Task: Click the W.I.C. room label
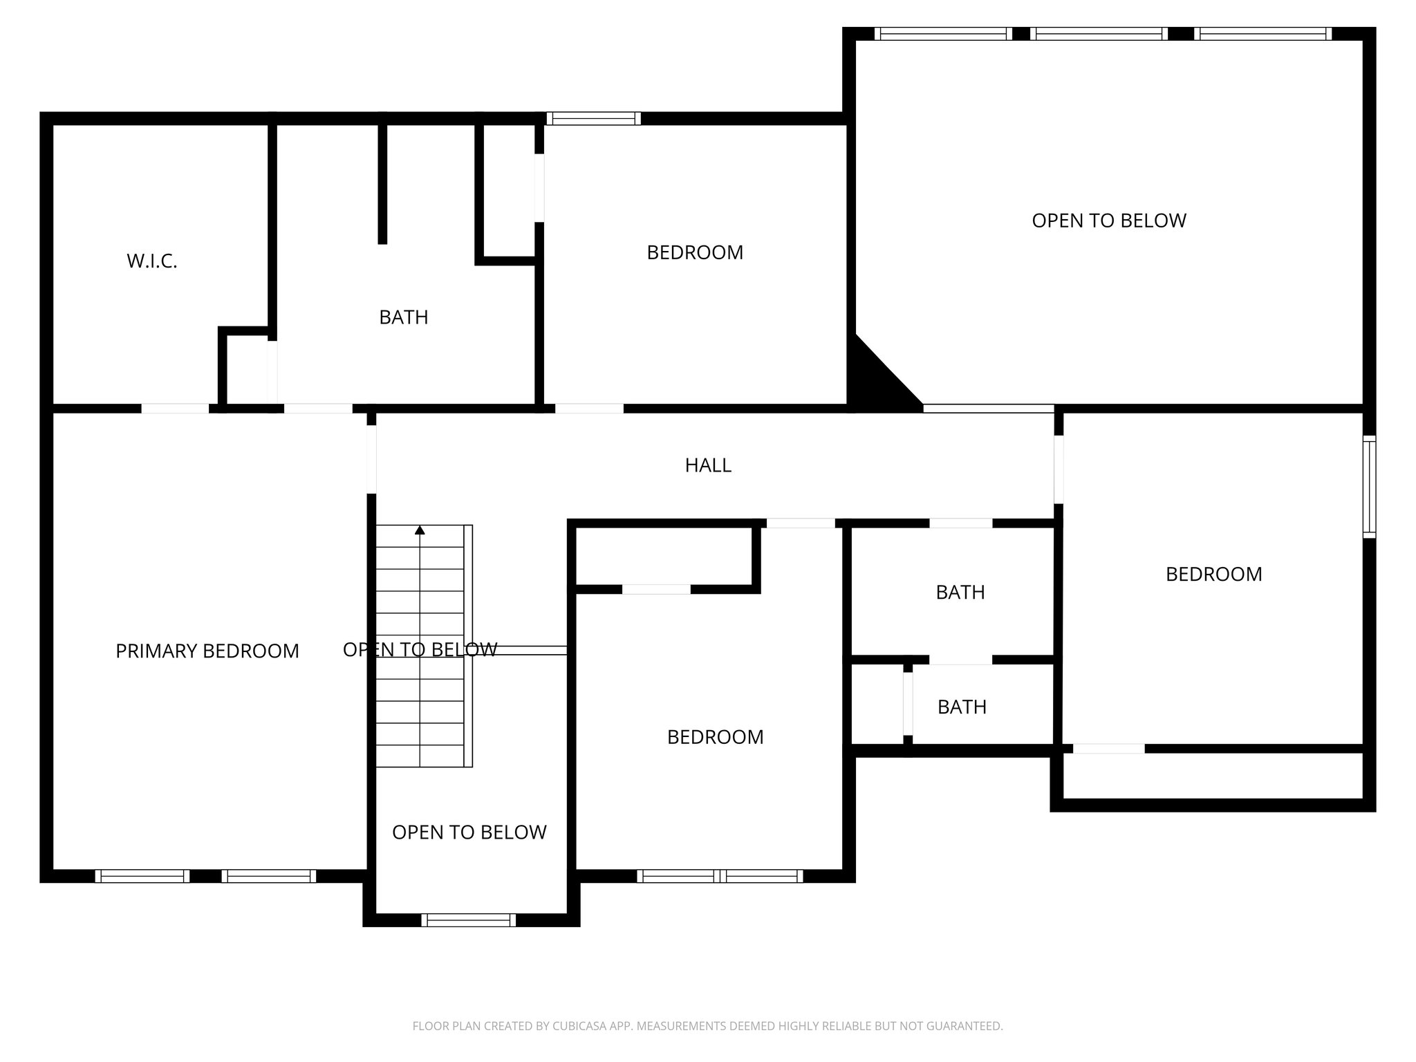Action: [152, 261]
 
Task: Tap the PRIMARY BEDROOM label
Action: [207, 651]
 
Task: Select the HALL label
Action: [708, 465]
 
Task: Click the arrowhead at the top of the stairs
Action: [420, 530]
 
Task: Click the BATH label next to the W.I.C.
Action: [404, 317]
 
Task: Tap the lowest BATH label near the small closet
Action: [962, 707]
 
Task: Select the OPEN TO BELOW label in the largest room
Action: [1108, 221]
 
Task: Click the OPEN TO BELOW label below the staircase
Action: [469, 832]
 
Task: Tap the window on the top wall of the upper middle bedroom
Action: [593, 119]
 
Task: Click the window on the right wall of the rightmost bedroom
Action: [1369, 487]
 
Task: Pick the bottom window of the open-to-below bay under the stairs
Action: [469, 920]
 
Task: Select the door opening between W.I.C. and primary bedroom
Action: [175, 409]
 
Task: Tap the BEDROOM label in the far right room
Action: [1213, 575]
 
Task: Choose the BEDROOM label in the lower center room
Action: [715, 737]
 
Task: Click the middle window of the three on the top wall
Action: [1099, 34]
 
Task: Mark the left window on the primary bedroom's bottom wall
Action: [142, 876]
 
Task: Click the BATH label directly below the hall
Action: [960, 593]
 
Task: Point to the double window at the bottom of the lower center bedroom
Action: [720, 876]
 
